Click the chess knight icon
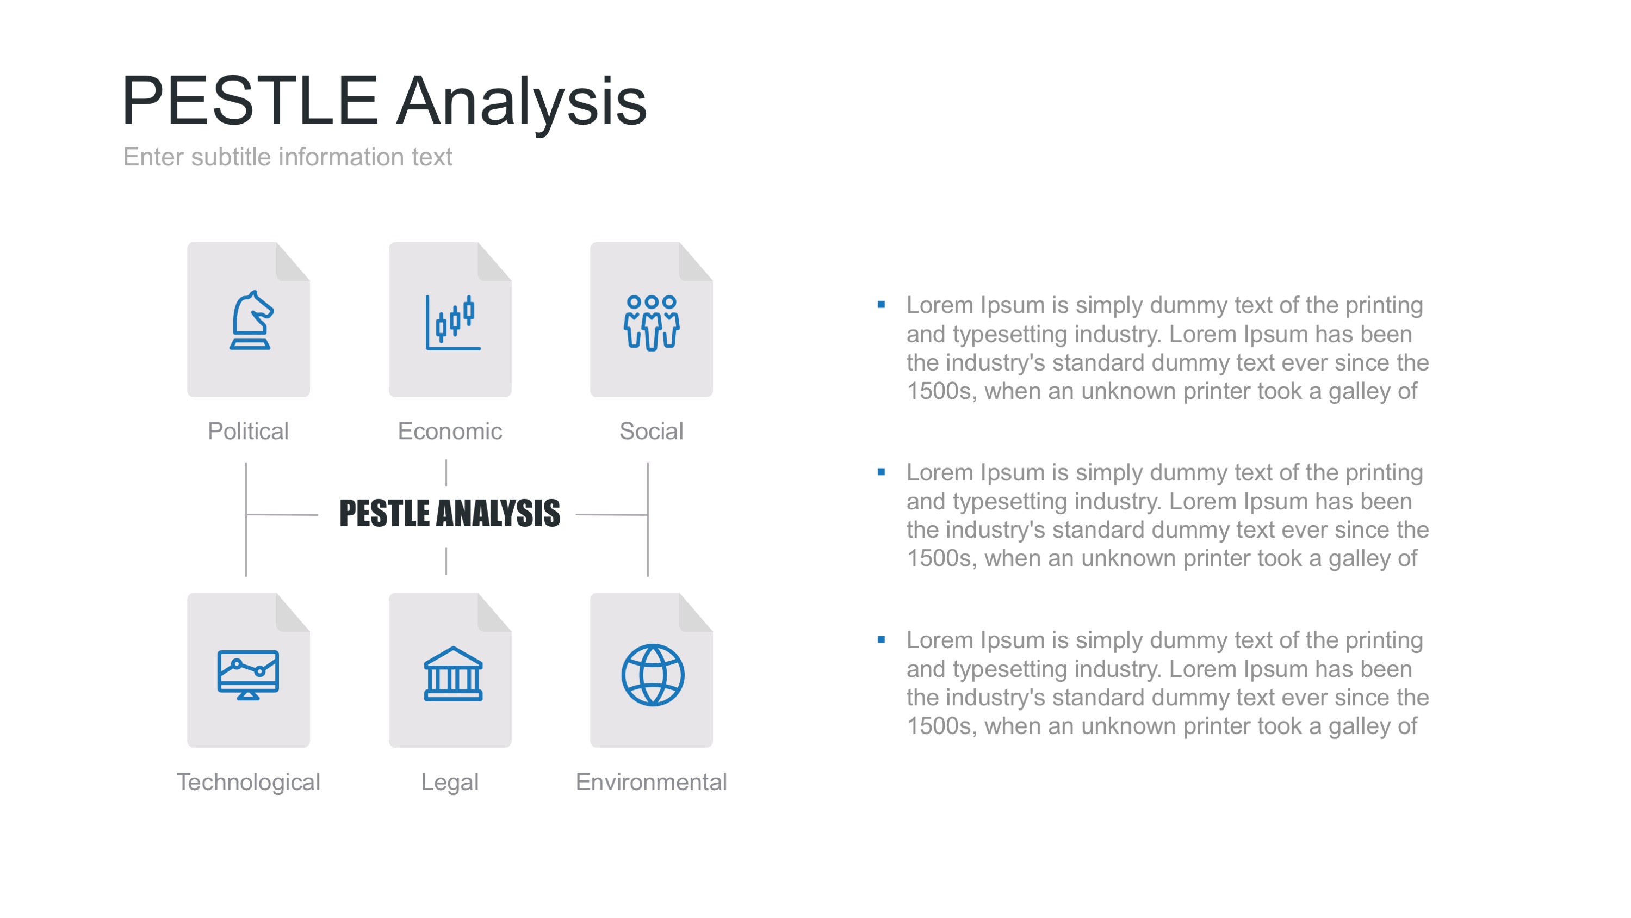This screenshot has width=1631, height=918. (x=251, y=320)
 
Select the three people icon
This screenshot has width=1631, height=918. (x=652, y=323)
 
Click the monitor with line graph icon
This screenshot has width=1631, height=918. (x=248, y=675)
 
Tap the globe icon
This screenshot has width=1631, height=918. (x=653, y=675)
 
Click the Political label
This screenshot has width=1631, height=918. (x=248, y=432)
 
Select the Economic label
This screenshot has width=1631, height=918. (x=450, y=432)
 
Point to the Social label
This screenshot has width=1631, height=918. (x=652, y=432)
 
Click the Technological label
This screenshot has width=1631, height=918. (x=248, y=783)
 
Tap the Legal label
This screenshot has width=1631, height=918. (x=450, y=783)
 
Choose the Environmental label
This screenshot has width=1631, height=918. (x=652, y=783)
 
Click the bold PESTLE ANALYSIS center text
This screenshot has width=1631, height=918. (x=450, y=513)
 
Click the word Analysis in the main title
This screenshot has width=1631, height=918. (x=522, y=101)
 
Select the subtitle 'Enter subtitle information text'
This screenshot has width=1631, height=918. (x=288, y=157)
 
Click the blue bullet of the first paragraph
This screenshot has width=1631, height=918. (x=882, y=305)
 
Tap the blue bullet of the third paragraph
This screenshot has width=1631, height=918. (x=882, y=640)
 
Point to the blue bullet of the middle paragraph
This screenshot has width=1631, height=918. (x=882, y=472)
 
